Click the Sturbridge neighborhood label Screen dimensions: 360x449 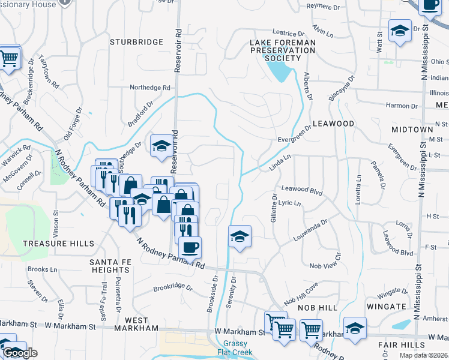click(137, 42)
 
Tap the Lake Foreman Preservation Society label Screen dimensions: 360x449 click(283, 50)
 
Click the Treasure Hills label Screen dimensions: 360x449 click(58, 244)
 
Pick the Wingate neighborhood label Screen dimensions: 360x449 click(386, 307)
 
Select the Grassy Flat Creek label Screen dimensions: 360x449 click(235, 348)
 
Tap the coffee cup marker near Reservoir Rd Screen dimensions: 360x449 click(190, 247)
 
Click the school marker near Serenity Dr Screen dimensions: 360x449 click(240, 236)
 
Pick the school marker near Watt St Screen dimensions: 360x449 click(399, 30)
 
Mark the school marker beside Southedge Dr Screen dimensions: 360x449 click(161, 145)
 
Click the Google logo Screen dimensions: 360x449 click(20, 353)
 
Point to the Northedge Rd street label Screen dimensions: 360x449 click(151, 88)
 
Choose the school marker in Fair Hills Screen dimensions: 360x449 click(355, 328)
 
